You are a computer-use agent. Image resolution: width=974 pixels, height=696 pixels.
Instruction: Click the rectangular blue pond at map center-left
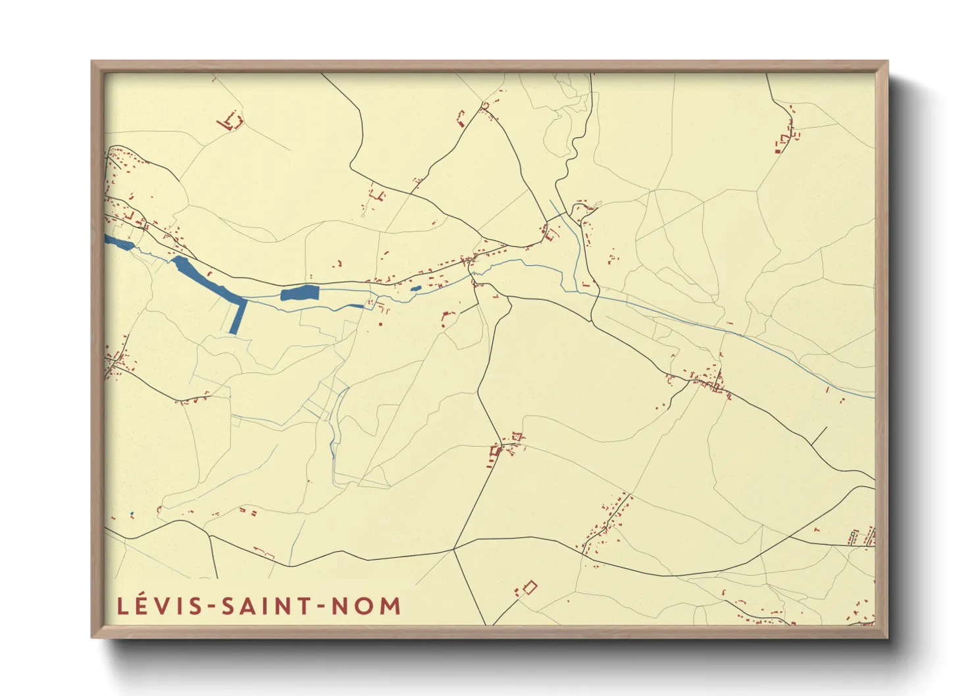click(x=299, y=293)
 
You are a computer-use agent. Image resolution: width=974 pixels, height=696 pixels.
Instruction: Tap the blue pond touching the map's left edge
click(x=119, y=243)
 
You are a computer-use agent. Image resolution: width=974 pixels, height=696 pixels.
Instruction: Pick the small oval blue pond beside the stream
click(x=415, y=288)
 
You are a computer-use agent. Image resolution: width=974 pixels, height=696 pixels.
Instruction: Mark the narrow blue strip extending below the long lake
click(x=237, y=317)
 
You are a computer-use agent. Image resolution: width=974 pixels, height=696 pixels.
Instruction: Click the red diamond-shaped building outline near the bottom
click(x=530, y=587)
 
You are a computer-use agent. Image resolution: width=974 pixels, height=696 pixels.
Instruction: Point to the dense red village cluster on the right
click(x=709, y=382)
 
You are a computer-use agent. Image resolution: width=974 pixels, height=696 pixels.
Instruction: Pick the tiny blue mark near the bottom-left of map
click(x=132, y=514)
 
